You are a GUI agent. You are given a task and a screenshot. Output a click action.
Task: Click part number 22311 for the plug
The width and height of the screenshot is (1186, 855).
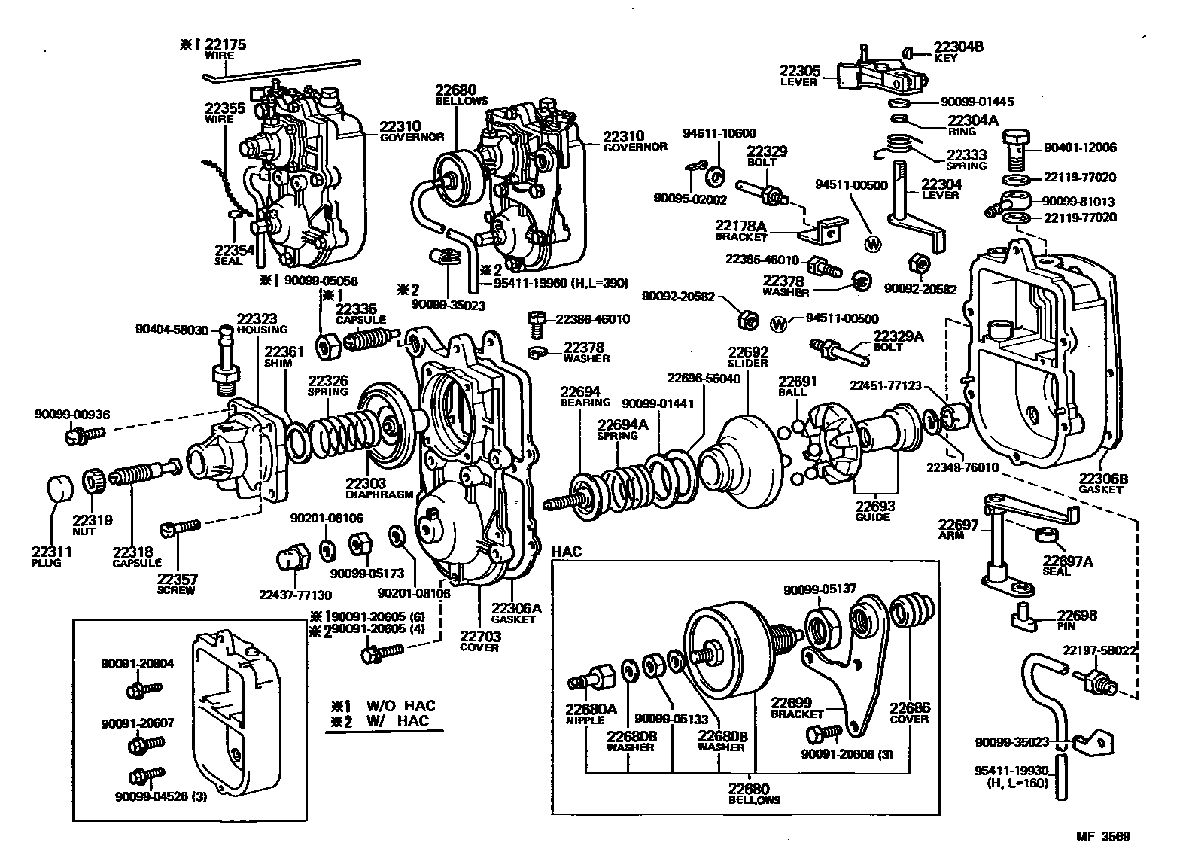(52, 552)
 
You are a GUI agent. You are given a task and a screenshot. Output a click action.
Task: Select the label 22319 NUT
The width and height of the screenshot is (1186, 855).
(92, 524)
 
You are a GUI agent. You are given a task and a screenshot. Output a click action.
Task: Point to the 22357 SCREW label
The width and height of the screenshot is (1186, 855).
(178, 584)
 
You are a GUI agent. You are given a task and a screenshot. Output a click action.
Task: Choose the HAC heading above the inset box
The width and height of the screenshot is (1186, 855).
(567, 552)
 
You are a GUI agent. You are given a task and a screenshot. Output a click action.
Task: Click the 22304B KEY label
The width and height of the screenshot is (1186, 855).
(958, 51)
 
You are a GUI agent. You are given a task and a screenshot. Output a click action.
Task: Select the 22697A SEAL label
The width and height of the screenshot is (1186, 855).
(1068, 564)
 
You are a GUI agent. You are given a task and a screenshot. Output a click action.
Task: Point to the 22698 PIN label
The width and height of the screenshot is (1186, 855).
(1076, 619)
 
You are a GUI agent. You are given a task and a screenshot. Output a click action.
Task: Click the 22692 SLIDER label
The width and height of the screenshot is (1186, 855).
(747, 356)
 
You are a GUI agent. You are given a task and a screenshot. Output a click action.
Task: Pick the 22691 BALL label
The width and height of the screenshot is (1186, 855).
(797, 386)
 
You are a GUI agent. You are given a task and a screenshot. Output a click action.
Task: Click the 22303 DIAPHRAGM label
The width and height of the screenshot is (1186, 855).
(379, 488)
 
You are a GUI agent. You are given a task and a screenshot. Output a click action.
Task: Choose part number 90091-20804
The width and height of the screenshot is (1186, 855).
(138, 663)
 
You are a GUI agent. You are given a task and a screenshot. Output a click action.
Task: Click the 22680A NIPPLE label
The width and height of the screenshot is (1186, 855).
(591, 714)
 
